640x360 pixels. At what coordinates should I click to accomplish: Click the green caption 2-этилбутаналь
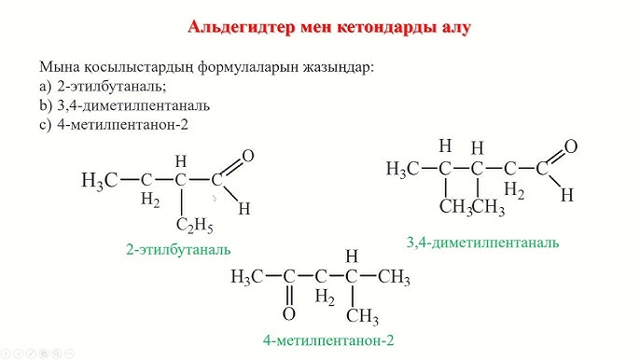[178, 250]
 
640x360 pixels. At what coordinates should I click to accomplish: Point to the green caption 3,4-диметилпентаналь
[482, 242]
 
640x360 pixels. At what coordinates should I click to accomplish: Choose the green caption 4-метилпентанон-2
[328, 340]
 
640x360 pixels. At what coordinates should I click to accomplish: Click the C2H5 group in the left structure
[194, 227]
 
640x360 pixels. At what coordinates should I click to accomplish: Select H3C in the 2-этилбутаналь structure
[100, 180]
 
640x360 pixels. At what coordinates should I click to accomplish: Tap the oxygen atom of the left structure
[247, 156]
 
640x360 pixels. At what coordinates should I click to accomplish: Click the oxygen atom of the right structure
[571, 146]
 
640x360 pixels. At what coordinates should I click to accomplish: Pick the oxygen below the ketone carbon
[289, 313]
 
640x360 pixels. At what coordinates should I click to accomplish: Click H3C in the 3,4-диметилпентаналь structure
[402, 169]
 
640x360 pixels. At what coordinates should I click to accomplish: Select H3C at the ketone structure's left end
[247, 277]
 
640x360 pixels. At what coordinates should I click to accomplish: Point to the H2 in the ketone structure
[325, 298]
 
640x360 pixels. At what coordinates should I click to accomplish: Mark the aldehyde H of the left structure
[243, 208]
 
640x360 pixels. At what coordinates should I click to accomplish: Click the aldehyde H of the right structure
[566, 195]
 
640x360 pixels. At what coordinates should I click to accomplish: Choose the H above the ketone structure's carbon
[352, 256]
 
